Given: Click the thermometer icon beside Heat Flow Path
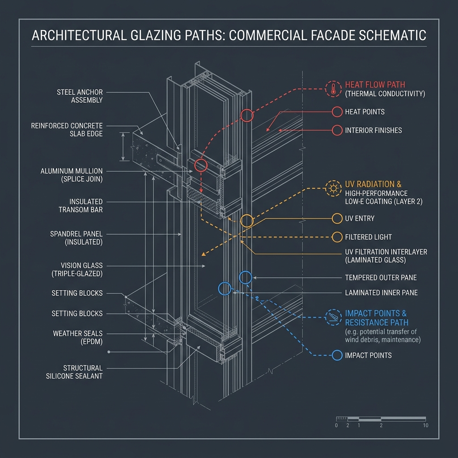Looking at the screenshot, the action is click(333, 89).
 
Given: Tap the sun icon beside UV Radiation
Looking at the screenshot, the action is click(333, 188).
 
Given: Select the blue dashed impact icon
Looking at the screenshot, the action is click(333, 318).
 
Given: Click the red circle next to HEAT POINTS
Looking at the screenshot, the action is click(337, 112).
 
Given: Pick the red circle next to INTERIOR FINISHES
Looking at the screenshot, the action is click(337, 130).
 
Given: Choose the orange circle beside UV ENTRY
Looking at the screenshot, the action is click(337, 218).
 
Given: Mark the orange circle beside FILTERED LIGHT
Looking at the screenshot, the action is click(337, 237).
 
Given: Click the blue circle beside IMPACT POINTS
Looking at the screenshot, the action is click(337, 355).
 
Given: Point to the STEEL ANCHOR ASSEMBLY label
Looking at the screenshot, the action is click(80, 96).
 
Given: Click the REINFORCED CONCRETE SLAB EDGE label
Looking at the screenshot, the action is click(67, 130).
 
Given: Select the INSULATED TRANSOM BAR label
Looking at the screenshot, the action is click(81, 206).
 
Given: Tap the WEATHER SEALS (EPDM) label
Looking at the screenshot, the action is click(78, 337).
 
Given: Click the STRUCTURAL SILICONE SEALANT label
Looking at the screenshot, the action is click(74, 372).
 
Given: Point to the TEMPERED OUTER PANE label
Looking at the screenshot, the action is click(381, 277).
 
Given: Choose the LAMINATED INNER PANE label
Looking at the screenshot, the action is click(381, 293).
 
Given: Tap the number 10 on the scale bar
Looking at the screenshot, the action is click(426, 425).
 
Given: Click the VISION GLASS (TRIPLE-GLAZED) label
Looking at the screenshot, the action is click(77, 270).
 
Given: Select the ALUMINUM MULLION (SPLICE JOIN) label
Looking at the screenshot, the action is click(72, 175).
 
